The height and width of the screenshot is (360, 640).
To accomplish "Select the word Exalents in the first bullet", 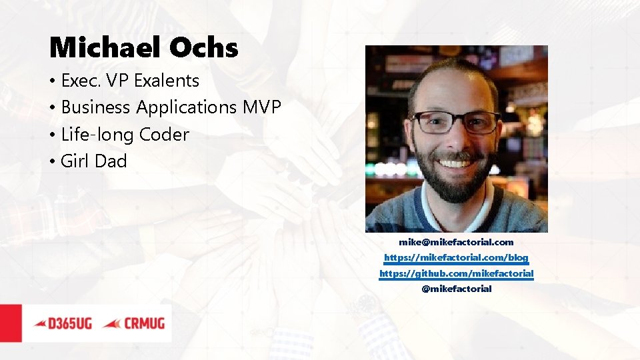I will pos(166,81).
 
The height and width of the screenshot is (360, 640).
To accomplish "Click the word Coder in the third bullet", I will pos(164,135).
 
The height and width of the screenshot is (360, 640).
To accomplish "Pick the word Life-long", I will pos(97,135).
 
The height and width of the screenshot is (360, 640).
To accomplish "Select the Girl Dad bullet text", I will pos(93,161).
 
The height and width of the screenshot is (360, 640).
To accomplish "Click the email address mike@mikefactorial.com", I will pos(456,242).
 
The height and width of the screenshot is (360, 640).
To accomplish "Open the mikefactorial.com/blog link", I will pos(456,257).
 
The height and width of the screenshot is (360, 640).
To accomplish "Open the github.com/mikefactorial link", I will pos(456,273).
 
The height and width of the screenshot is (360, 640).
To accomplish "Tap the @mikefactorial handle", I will pos(456,289).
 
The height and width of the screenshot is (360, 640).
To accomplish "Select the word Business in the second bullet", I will pos(97,107).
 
